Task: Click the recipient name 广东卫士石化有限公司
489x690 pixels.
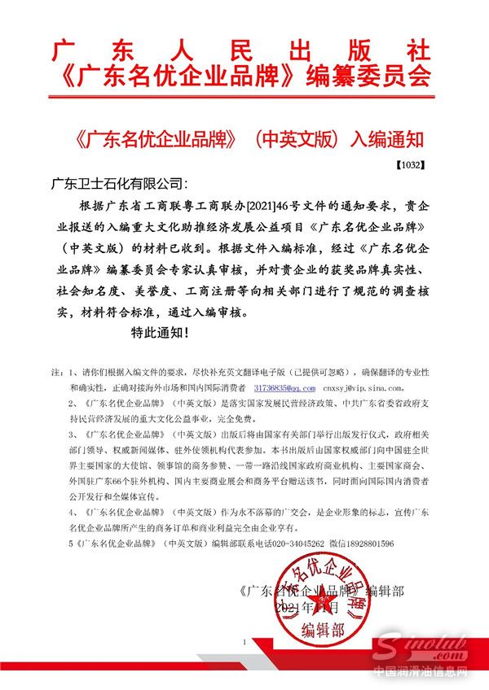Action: pos(119,182)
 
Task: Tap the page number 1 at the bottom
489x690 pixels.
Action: pos(243,643)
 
